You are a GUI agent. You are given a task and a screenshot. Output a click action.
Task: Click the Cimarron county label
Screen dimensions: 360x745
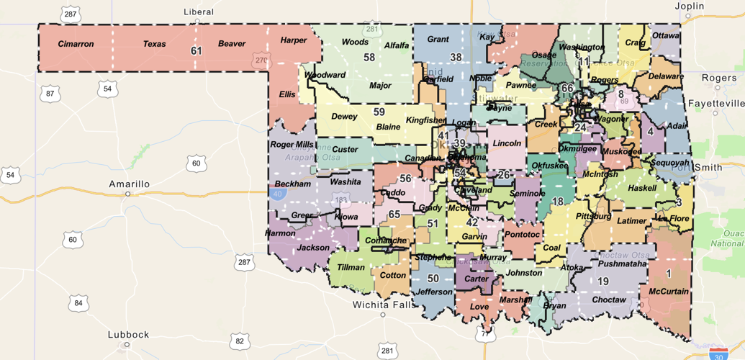pyautogui.click(x=76, y=44)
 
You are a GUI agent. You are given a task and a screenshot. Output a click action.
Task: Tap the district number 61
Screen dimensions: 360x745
pyautogui.click(x=197, y=51)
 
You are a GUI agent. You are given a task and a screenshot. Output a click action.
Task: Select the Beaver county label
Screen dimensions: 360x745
pyautogui.click(x=232, y=44)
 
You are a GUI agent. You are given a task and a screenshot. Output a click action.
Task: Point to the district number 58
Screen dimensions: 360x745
pyautogui.click(x=369, y=58)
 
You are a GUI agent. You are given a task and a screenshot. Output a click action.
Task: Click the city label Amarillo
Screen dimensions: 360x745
pyautogui.click(x=130, y=184)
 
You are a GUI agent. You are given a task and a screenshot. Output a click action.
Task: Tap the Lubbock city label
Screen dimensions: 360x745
pyautogui.click(x=128, y=335)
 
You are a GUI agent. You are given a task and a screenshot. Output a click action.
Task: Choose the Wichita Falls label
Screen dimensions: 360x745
pyautogui.click(x=382, y=305)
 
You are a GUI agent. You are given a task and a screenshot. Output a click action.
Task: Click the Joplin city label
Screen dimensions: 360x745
pyautogui.click(x=689, y=6)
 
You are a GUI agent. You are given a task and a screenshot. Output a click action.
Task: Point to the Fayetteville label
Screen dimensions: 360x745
pyautogui.click(x=715, y=102)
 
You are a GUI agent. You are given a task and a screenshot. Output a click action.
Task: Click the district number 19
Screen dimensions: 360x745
pyautogui.click(x=603, y=282)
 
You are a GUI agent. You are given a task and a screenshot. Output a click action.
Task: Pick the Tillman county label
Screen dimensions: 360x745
pyautogui.click(x=351, y=268)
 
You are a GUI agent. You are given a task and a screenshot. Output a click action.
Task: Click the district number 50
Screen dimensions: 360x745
pyautogui.click(x=433, y=279)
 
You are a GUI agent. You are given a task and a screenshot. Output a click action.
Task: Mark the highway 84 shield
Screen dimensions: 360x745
pyautogui.click(x=78, y=303)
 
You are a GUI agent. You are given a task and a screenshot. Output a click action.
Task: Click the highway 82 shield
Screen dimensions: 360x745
pyautogui.click(x=240, y=341)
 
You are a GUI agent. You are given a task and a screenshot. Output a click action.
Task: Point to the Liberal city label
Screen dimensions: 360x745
pyautogui.click(x=199, y=12)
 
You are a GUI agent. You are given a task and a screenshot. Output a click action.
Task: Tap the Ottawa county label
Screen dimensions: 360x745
pyautogui.click(x=665, y=35)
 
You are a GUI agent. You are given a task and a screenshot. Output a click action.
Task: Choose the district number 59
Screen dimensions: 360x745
pyautogui.click(x=379, y=112)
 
